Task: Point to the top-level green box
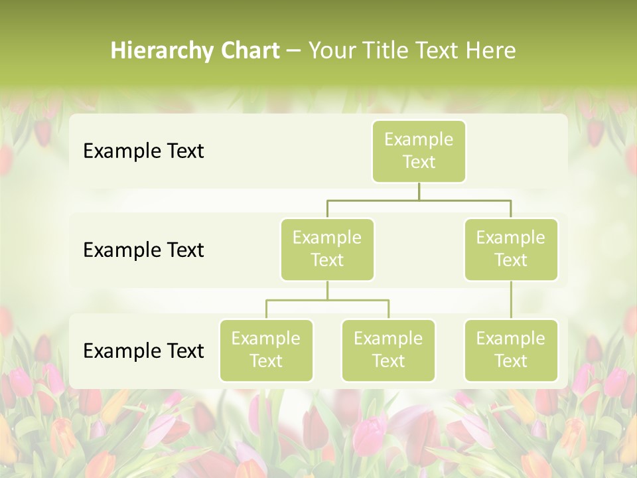point(419,151)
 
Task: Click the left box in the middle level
point(327,250)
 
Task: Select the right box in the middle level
point(511,250)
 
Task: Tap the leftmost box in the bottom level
point(266,351)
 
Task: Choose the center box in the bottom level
point(388,351)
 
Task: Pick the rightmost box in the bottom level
point(511,351)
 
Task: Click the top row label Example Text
point(143,151)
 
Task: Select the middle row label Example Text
point(143,250)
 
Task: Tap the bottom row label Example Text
point(143,351)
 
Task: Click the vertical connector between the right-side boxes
point(511,300)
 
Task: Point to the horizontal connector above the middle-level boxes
point(419,200)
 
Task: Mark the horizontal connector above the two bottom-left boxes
point(327,300)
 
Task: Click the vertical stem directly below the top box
point(419,191)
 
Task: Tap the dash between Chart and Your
point(294,51)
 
